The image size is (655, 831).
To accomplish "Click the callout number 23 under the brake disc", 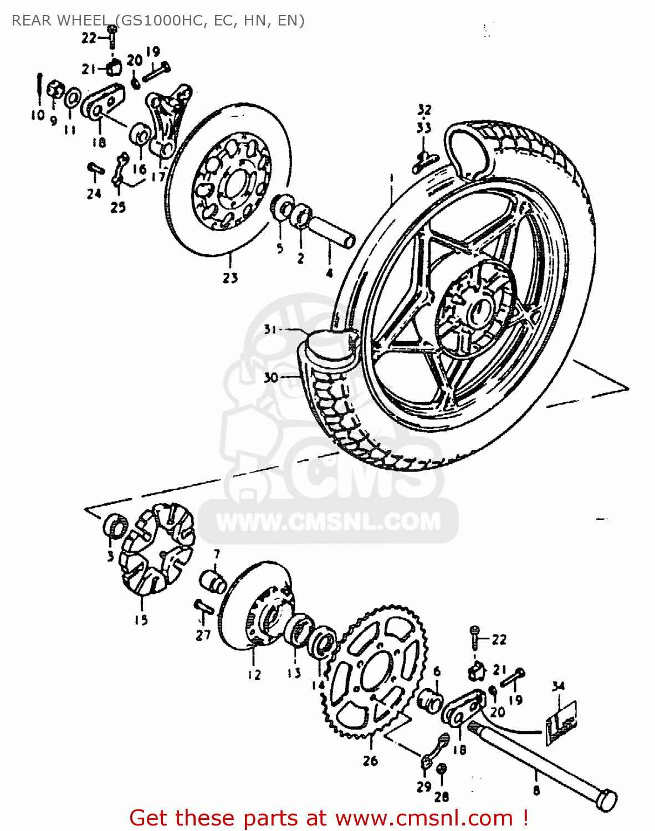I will (230, 278).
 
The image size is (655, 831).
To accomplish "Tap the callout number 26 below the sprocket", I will (370, 761).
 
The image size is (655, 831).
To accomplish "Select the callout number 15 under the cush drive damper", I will (141, 620).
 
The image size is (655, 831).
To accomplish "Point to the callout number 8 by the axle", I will (536, 790).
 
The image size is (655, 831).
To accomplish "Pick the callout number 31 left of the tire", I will (270, 330).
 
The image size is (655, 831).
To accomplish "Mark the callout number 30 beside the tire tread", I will (270, 378).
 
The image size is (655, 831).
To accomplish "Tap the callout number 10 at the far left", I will (37, 115).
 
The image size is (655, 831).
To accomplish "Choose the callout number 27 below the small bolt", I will (203, 635).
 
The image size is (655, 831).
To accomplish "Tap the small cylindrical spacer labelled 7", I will (213, 581).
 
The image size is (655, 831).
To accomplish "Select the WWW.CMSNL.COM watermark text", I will (328, 522).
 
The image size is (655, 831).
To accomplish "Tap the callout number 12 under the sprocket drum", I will (254, 675).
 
